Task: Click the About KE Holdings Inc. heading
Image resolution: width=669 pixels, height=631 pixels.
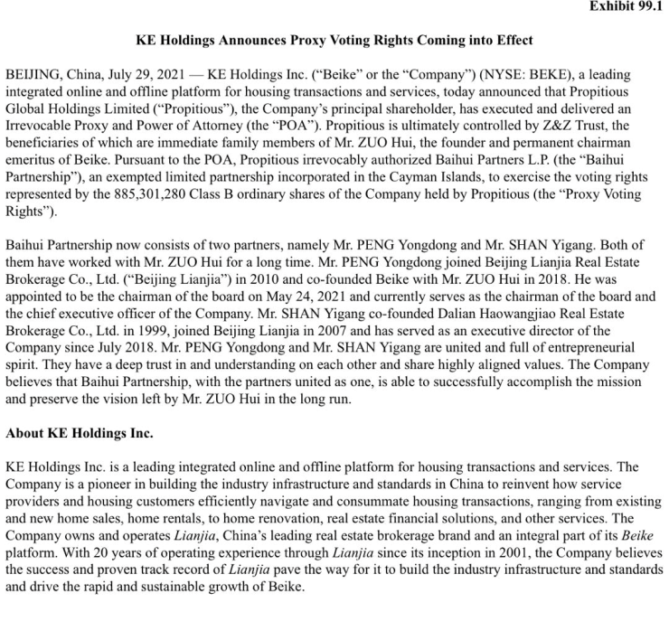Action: click(80, 433)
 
